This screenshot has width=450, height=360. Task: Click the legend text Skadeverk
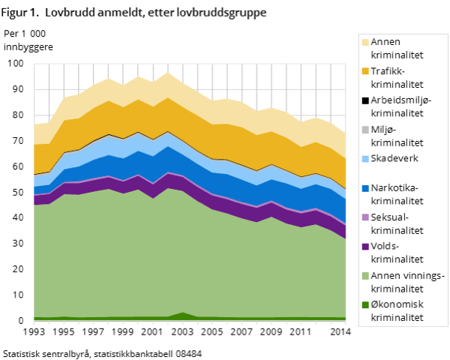[x=394, y=158]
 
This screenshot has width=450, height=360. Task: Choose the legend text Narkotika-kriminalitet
[x=397, y=194]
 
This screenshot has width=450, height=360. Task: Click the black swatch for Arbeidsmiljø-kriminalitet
[x=365, y=100]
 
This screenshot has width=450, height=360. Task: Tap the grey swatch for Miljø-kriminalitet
[x=365, y=130]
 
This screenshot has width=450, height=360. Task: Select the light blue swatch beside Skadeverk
[x=365, y=159]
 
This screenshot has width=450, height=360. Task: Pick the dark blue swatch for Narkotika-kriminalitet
[x=365, y=188]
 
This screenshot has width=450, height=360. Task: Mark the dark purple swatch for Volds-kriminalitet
[x=365, y=247]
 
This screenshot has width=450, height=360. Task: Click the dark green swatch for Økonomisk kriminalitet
[x=365, y=305]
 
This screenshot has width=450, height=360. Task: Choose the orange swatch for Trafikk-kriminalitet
[x=365, y=71]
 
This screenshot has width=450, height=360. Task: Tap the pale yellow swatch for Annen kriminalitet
[x=365, y=42]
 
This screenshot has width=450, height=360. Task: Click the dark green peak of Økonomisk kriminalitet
[x=183, y=314]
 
